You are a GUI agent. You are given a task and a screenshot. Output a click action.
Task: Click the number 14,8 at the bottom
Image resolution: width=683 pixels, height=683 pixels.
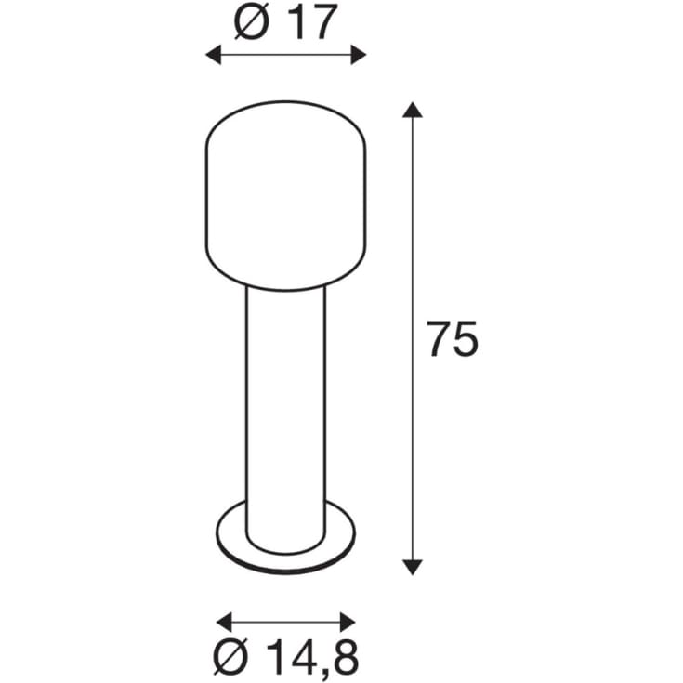click(312, 657)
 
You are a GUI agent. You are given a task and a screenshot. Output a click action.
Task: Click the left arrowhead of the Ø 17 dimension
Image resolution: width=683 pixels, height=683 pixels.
click(213, 57)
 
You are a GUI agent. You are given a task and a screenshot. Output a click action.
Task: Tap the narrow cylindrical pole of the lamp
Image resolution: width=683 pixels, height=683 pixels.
click(286, 400)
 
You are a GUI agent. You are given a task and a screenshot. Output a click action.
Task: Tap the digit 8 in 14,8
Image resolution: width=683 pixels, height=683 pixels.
click(343, 657)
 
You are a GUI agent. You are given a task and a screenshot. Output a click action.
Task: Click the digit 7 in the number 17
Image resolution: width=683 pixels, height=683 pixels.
click(318, 23)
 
